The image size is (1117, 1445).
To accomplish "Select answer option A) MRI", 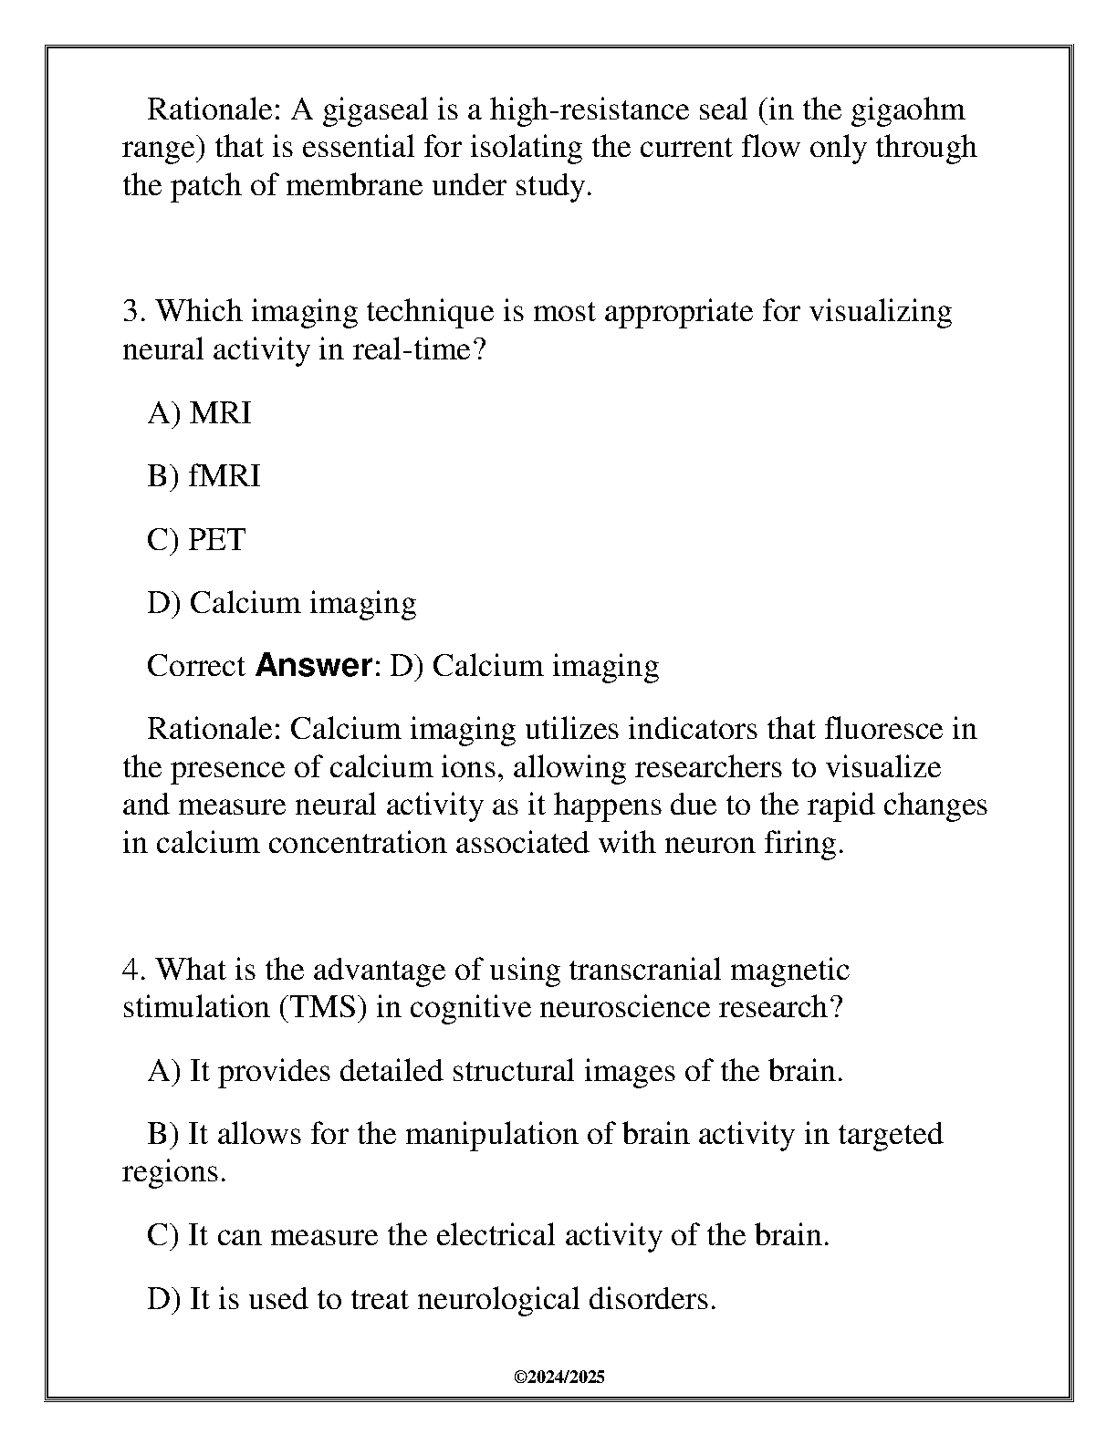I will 199,413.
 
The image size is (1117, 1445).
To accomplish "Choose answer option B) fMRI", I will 204,476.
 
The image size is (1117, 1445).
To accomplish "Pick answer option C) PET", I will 196,540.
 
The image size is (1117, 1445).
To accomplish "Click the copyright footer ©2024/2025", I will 558,1377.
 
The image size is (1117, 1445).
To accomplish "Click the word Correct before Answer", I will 196,666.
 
